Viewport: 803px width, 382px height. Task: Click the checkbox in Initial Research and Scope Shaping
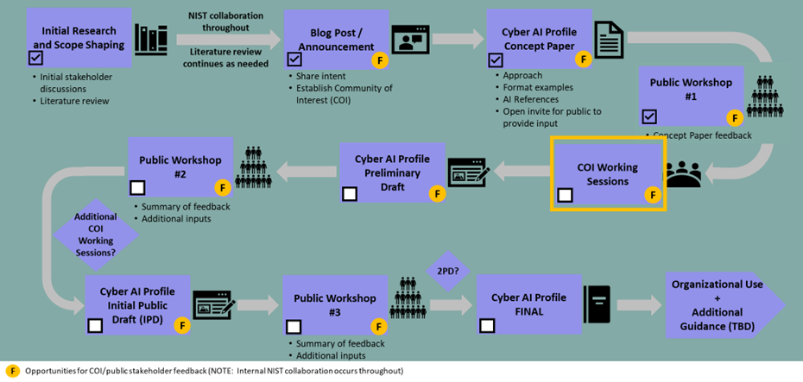(35, 58)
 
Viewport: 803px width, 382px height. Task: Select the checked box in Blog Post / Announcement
(294, 59)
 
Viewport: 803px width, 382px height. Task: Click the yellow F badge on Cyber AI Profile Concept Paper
(584, 59)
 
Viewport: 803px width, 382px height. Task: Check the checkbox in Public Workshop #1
(649, 116)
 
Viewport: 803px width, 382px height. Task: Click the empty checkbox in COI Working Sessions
(565, 195)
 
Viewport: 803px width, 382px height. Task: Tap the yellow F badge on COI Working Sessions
(653, 196)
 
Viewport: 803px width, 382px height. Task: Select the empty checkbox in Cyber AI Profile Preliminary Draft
(350, 194)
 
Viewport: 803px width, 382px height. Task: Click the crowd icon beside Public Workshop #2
(254, 166)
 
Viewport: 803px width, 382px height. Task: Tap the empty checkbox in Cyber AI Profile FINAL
(487, 325)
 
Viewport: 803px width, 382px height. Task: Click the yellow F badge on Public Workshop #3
(377, 327)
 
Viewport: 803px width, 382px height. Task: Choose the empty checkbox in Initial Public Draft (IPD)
(95, 325)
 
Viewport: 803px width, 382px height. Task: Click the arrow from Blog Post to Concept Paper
(458, 39)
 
